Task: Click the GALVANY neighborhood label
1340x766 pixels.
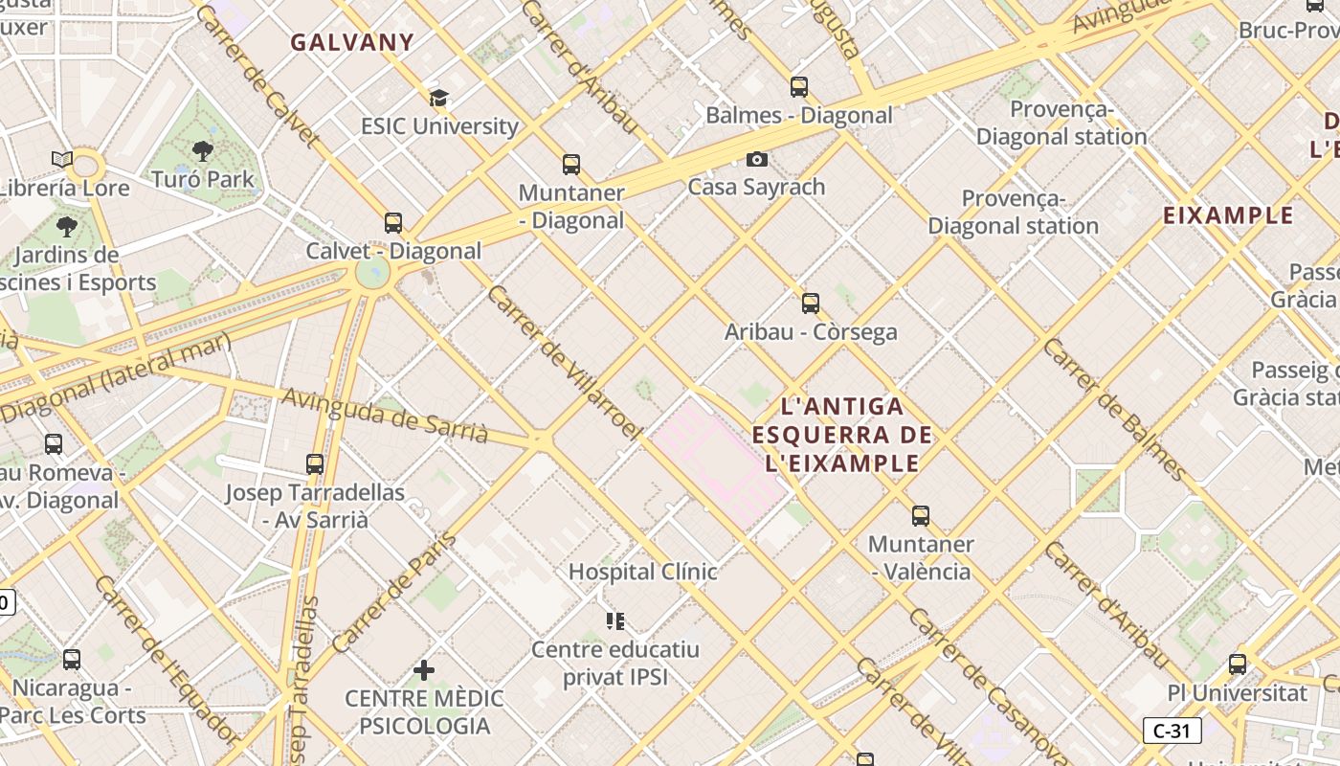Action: point(352,42)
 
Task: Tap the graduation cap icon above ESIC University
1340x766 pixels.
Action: point(438,98)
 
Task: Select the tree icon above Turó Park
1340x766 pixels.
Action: point(202,150)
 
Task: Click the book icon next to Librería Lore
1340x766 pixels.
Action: point(62,159)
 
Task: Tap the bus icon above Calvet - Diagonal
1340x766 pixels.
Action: point(393,223)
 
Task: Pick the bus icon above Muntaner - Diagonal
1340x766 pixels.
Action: point(571,165)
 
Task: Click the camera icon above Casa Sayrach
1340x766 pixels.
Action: point(757,159)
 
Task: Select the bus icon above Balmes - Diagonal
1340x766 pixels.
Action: point(799,87)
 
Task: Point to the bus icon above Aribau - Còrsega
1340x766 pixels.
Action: point(811,304)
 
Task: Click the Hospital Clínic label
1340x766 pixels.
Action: point(642,572)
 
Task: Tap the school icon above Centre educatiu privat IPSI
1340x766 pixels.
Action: point(615,621)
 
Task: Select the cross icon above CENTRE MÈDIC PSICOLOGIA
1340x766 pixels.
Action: point(424,670)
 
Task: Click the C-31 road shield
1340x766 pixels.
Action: point(1172,732)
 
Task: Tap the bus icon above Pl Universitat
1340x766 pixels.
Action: point(1238,664)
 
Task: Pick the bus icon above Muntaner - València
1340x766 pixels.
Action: point(921,516)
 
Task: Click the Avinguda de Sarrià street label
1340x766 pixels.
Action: point(385,417)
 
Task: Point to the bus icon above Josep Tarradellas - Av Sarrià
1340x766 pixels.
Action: point(315,464)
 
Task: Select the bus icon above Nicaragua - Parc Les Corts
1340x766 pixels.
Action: point(72,660)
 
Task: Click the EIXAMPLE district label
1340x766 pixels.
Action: point(1228,215)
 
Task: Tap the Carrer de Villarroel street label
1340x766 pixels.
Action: point(563,362)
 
